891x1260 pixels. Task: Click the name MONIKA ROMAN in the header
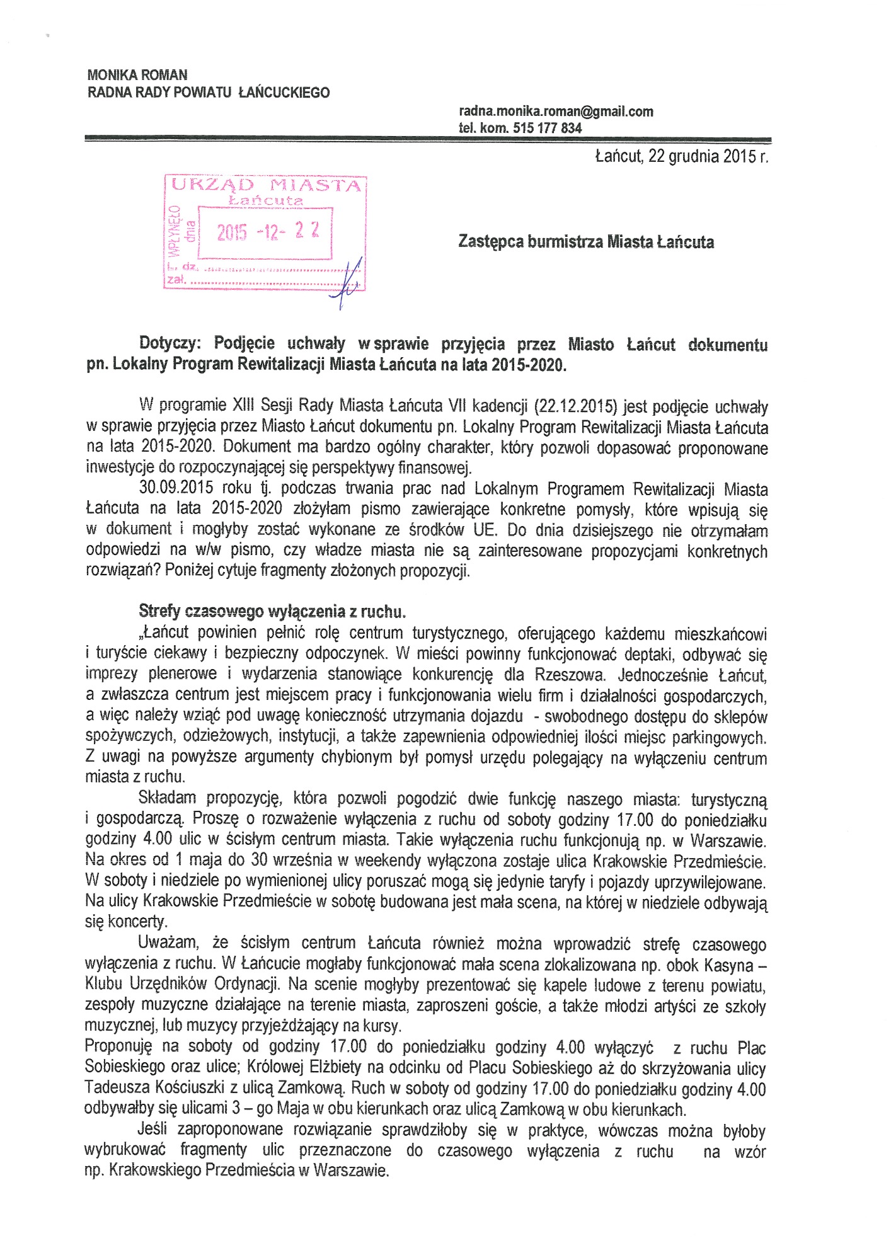tap(137, 75)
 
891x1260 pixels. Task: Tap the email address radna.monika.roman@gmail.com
tap(556, 112)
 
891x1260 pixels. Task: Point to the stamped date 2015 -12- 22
tap(268, 232)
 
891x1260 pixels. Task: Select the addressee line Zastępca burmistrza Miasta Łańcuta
tap(586, 242)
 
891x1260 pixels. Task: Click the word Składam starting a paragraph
tap(167, 799)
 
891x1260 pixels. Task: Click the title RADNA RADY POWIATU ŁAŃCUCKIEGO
tap(209, 93)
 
